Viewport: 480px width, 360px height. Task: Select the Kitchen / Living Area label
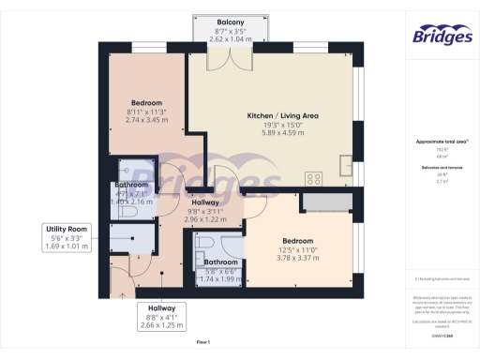tap(282, 116)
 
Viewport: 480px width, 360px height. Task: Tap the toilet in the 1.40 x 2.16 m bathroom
tap(129, 212)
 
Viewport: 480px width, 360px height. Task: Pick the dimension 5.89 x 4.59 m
tap(282, 133)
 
